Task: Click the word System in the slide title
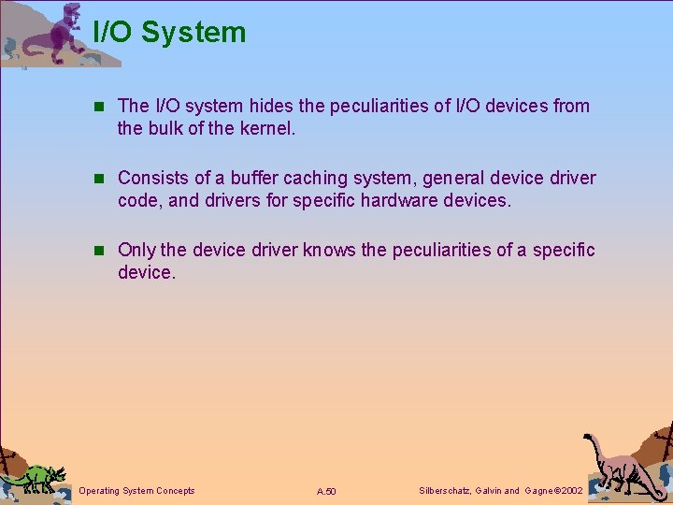click(194, 32)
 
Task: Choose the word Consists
click(153, 178)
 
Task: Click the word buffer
click(241, 178)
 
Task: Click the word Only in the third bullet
click(136, 250)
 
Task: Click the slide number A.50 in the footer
click(326, 492)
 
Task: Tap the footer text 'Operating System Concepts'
click(137, 491)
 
